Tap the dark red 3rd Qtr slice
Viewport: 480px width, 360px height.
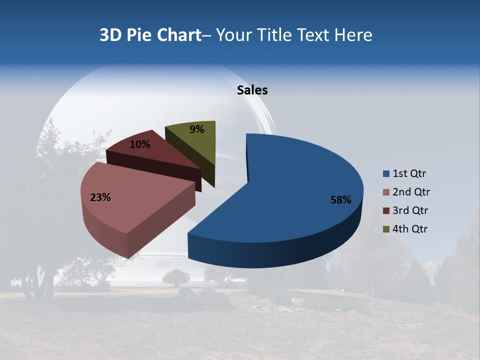[160, 155]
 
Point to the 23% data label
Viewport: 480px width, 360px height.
[100, 197]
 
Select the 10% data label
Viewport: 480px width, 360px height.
[140, 144]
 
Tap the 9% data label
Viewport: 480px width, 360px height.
[197, 129]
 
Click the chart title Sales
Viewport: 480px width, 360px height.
[252, 90]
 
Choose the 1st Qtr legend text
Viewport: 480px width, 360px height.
[409, 174]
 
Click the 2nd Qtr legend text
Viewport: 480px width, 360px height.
[411, 192]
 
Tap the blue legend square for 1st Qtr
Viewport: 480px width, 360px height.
[386, 174]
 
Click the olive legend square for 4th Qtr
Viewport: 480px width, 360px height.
[386, 229]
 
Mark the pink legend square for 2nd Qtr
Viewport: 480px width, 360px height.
[386, 192]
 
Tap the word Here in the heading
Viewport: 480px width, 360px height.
[353, 35]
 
